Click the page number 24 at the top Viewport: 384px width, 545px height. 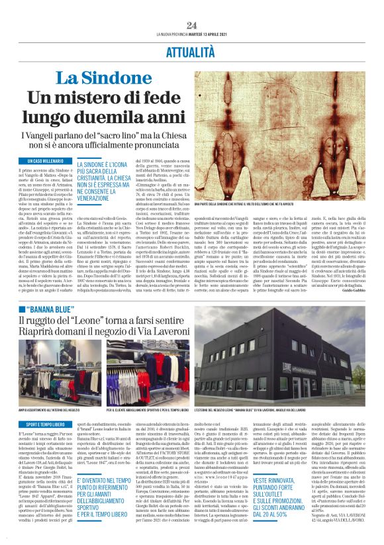tap(191, 25)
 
